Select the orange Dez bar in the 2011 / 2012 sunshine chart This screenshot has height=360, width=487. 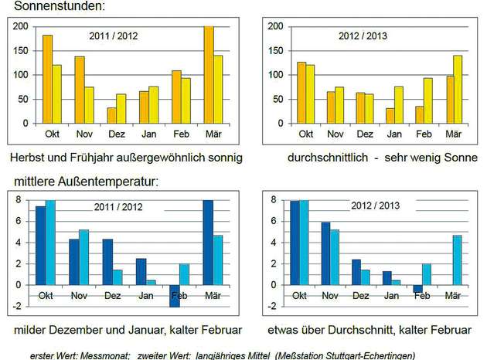[112, 115]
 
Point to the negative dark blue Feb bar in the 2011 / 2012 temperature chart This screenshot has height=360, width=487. [175, 296]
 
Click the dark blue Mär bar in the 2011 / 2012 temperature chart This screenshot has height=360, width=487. [207, 243]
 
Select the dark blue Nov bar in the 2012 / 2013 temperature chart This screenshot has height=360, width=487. [325, 253]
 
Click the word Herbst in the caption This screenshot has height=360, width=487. [29, 158]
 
